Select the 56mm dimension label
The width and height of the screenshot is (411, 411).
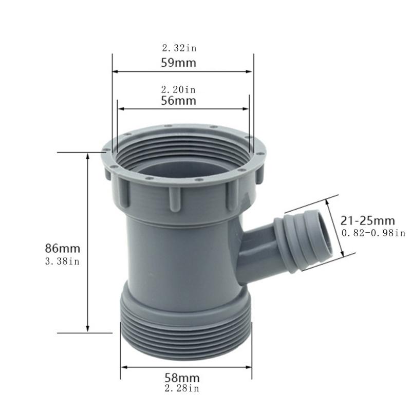pos(179,101)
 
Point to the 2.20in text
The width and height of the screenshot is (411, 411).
pos(178,89)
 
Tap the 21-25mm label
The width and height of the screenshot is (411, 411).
pos(368,221)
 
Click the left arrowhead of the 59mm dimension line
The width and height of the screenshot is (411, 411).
pos(116,72)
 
